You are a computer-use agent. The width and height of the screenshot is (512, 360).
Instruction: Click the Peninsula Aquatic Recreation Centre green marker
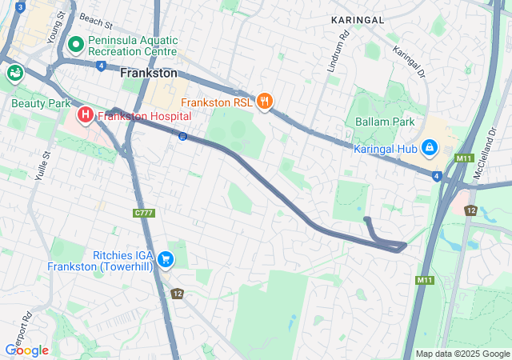[76, 43]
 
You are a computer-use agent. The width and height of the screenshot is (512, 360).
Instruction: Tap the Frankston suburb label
[148, 73]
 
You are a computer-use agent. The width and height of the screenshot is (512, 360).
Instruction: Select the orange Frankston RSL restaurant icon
[266, 102]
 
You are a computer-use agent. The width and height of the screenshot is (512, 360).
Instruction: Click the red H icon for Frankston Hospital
[86, 116]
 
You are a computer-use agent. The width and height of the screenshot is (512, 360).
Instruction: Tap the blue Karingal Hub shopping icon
[430, 148]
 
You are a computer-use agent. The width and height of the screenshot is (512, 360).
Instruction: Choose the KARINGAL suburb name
[358, 18]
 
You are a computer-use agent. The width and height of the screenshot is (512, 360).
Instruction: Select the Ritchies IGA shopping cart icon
[166, 258]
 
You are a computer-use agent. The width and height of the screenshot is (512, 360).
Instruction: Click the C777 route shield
[143, 212]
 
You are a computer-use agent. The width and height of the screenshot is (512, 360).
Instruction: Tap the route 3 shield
[19, 7]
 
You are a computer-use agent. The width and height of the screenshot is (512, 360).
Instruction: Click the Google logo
[26, 350]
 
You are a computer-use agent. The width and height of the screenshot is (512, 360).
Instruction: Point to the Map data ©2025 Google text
[462, 354]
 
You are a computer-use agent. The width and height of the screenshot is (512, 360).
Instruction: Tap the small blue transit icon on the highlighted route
[182, 136]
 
